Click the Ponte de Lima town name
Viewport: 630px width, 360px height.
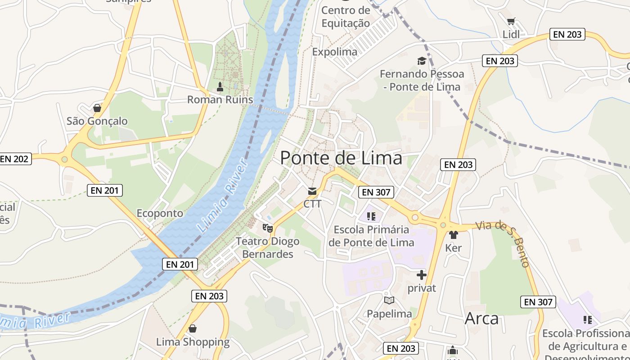click(341, 158)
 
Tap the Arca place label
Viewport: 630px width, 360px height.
click(481, 319)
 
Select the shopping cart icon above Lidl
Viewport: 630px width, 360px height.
click(511, 21)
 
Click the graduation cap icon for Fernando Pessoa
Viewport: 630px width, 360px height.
click(422, 61)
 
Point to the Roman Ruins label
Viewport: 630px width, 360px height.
click(220, 99)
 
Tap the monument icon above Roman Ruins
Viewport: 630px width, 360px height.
click(220, 86)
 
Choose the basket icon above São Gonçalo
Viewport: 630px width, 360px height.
click(97, 108)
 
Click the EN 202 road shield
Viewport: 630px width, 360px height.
click(14, 159)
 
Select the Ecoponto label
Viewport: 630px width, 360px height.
click(160, 213)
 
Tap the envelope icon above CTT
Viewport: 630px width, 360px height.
click(312, 191)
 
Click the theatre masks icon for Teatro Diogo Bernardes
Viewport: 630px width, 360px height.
click(269, 228)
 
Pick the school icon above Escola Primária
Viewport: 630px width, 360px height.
click(371, 216)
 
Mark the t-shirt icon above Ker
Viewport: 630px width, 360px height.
click(453, 235)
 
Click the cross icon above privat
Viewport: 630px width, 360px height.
click(422, 274)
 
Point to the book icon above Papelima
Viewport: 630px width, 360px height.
click(389, 300)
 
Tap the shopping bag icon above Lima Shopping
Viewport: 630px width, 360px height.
click(193, 328)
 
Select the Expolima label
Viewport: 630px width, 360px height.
click(335, 52)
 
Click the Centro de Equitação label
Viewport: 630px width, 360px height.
click(346, 17)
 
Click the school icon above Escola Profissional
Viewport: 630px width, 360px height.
click(587, 320)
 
